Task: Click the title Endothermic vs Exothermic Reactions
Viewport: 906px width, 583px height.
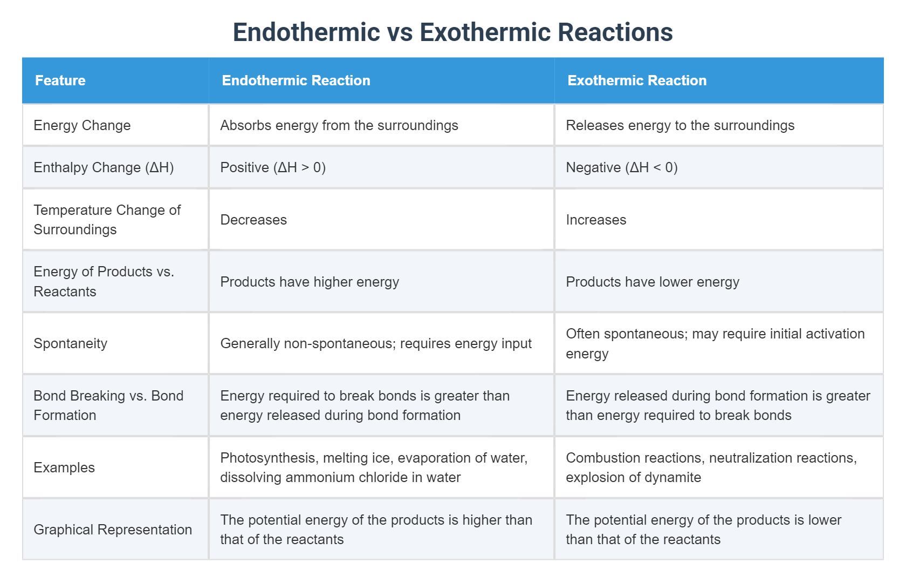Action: [x=452, y=32]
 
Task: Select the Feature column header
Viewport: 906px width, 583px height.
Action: [x=60, y=80]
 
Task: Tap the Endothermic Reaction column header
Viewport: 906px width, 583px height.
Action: [x=296, y=80]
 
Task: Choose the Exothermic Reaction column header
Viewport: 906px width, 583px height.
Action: [x=637, y=80]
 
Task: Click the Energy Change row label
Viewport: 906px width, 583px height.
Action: [x=82, y=125]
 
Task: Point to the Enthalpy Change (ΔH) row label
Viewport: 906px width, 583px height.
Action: [x=104, y=167]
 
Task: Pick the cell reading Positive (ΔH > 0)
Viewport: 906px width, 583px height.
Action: [x=273, y=167]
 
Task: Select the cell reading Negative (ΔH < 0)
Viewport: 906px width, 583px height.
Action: [x=622, y=167]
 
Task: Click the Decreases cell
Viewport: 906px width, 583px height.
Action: [x=253, y=220]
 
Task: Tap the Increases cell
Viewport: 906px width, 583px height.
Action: [x=596, y=220]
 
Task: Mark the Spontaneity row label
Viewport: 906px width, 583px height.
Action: [x=71, y=343]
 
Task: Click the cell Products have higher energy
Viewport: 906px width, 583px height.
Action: [x=310, y=282]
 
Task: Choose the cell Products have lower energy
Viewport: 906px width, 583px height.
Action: [x=653, y=282]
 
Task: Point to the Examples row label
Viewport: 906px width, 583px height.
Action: [x=64, y=467]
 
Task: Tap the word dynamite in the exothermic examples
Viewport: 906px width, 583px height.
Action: [x=674, y=477]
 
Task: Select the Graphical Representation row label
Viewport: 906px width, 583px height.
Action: [x=113, y=530]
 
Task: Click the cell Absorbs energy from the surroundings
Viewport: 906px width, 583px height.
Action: [x=339, y=125]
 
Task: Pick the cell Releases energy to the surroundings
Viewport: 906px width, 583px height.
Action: [x=680, y=125]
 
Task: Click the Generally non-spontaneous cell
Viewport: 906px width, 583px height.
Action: [x=376, y=343]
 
